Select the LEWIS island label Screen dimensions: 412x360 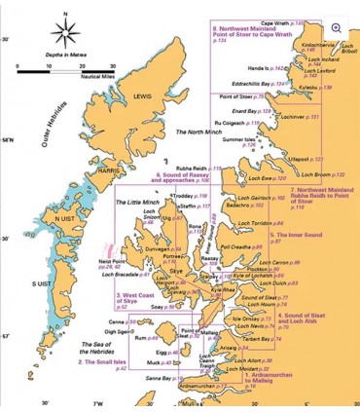pyautogui.click(x=142, y=96)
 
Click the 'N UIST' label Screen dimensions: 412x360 pyautogui.click(x=64, y=219)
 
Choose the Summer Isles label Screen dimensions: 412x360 pyautogui.click(x=239, y=140)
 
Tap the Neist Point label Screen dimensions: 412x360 pyautogui.click(x=111, y=261)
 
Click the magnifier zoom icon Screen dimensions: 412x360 pyautogui.click(x=337, y=29)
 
